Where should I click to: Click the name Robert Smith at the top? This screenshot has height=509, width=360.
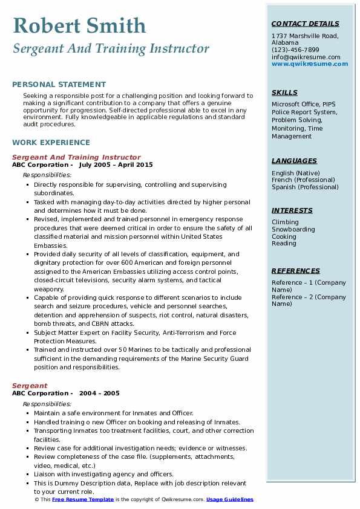pos(79,25)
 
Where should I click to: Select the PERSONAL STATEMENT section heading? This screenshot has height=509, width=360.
pos(59,85)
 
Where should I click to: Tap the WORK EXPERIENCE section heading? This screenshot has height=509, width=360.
pos(51,143)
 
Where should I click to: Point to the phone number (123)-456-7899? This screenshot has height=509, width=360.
pos(295,50)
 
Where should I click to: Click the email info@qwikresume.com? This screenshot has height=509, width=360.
pos(306,57)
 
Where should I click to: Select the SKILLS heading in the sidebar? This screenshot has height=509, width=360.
pos(284,92)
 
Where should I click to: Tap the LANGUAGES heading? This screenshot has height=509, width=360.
pos(294,161)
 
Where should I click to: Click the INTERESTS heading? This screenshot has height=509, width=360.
pos(292,210)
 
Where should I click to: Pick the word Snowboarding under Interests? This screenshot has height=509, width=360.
pos(293,230)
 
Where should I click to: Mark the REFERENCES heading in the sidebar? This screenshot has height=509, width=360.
pos(296,271)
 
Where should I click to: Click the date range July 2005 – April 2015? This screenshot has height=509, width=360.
pos(116,165)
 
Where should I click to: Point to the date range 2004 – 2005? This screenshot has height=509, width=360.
pos(99,393)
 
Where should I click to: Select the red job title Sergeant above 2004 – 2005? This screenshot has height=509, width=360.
pos(30,386)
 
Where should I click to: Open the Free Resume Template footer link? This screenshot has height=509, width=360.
pos(83,500)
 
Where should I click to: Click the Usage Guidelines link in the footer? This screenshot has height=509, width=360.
pos(230,500)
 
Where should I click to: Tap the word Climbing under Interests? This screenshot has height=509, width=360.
pos(285,222)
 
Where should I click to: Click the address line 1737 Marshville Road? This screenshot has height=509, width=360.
pos(305,36)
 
